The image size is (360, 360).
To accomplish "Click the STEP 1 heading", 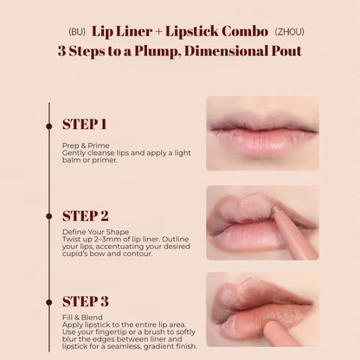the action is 84,125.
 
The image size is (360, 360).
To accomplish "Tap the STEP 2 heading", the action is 86,216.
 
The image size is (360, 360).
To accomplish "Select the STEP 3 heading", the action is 86,301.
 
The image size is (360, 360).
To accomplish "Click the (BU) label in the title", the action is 77,32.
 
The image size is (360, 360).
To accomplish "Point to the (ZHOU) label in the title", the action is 289,32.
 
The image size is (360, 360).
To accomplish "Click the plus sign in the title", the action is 158,32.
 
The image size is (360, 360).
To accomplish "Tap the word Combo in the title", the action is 245,31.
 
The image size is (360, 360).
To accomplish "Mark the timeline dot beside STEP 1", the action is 49,126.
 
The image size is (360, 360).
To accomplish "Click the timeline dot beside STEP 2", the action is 49,216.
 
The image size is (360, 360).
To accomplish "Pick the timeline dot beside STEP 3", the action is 49,302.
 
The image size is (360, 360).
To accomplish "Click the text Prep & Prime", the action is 86,145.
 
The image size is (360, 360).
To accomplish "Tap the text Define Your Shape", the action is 95,232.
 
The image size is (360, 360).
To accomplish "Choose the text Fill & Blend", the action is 82,318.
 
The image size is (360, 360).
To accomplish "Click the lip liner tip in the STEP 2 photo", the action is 276,208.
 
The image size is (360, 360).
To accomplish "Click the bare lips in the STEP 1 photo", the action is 262,132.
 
